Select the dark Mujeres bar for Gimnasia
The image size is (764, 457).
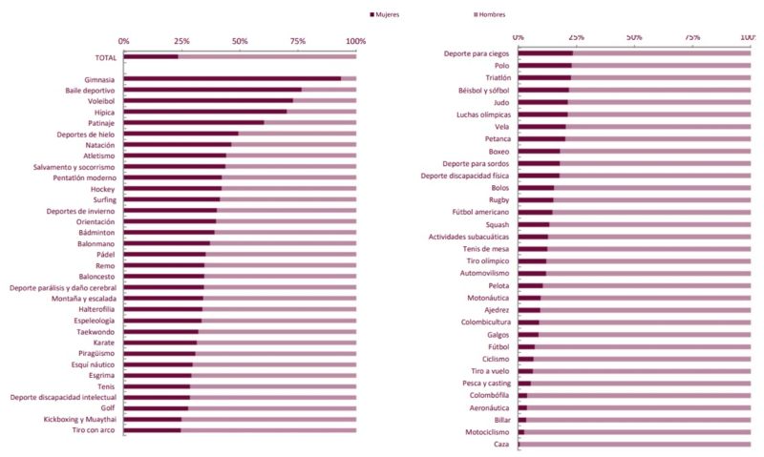232,79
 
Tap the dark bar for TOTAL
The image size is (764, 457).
151,57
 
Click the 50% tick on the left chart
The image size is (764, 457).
240,41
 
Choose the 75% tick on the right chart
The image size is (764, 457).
692,37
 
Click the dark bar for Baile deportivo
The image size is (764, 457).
212,91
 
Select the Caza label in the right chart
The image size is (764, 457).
501,445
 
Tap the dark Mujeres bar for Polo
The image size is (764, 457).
544,66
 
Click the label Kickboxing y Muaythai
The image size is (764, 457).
79,419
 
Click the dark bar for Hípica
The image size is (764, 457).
205,113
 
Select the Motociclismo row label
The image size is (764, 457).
486,432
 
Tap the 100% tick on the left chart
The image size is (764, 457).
356,41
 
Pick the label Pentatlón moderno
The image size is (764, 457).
82,177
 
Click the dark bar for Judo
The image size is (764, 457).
542,102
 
